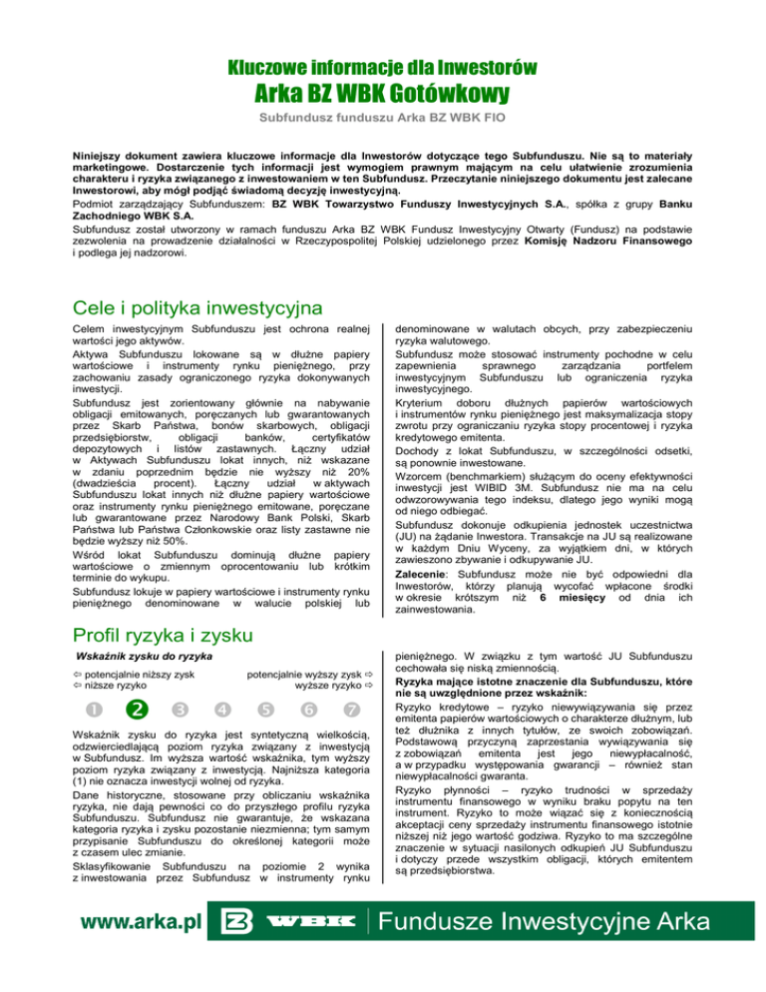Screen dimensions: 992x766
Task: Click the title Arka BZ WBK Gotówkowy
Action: coord(383,95)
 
